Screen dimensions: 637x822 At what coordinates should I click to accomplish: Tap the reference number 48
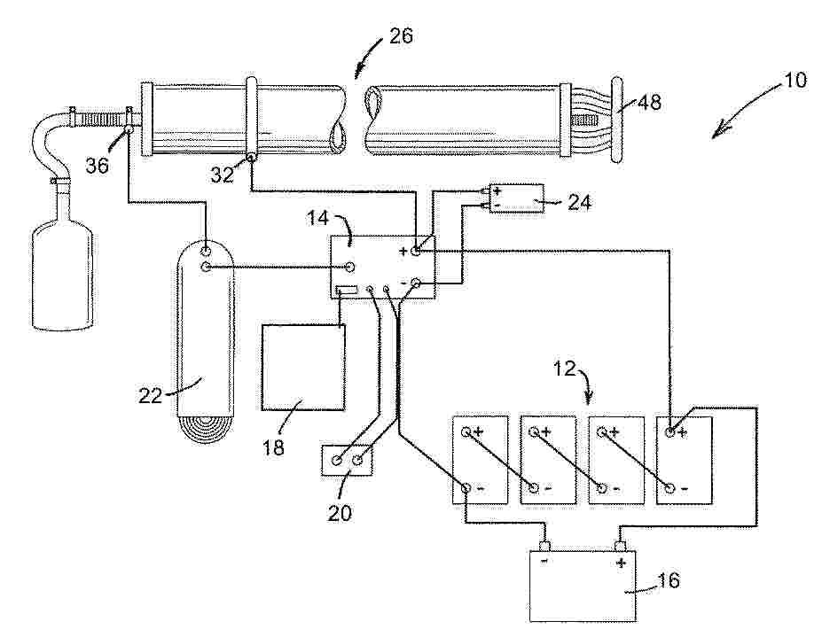point(650,103)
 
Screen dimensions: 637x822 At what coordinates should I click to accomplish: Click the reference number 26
point(400,36)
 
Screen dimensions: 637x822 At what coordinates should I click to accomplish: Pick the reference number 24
point(578,201)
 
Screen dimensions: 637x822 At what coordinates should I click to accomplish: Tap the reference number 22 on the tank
point(150,395)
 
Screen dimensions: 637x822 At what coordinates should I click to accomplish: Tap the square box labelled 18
point(303,367)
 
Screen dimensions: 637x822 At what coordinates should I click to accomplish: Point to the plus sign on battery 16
point(621,563)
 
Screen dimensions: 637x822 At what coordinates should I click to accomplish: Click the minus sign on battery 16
point(544,563)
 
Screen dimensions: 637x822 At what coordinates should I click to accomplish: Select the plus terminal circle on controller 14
point(416,252)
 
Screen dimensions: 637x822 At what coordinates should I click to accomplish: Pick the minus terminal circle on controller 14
point(416,284)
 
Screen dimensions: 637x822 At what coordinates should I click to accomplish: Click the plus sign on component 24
point(497,190)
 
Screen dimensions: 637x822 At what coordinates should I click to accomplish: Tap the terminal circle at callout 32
point(252,159)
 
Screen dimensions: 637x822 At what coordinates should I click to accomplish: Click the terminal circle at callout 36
point(129,129)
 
